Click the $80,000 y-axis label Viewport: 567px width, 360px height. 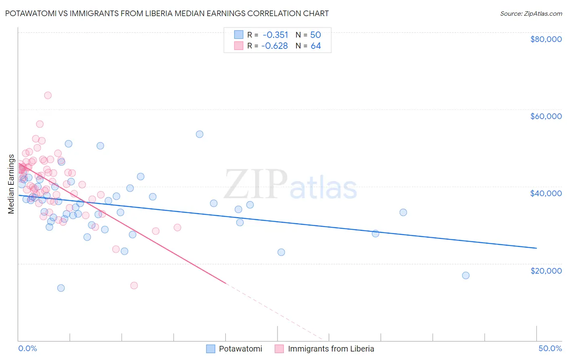tap(546, 39)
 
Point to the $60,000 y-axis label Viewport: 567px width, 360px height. tap(546, 116)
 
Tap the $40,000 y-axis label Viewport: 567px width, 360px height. tap(546, 193)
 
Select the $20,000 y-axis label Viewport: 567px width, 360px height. tap(546, 270)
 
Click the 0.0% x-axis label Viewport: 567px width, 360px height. tap(27, 348)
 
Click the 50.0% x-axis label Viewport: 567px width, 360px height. tap(550, 348)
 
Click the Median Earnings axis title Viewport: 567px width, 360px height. tap(11, 184)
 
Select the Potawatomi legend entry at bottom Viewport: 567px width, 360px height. tap(240, 349)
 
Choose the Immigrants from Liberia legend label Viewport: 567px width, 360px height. tap(331, 349)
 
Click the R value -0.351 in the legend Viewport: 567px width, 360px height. tap(275, 35)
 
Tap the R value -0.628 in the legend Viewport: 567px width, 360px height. tap(275, 46)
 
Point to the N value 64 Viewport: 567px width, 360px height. tap(316, 46)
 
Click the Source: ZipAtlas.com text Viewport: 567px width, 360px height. tap(531, 13)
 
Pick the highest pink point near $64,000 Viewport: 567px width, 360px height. tap(48, 95)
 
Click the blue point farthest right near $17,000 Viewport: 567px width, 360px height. tap(465, 275)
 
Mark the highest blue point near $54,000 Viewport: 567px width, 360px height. tap(199, 134)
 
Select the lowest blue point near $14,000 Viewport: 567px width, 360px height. tap(61, 288)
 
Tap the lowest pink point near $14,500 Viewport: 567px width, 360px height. tap(134, 285)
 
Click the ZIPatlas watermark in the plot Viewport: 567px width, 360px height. tap(290, 184)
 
